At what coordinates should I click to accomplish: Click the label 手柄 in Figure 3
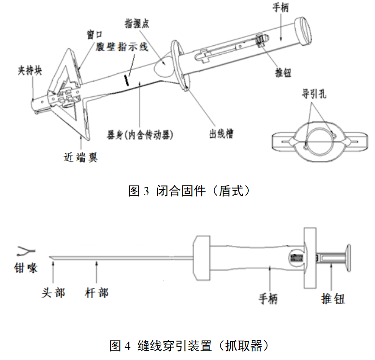tap(281, 8)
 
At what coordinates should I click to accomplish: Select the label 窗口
tap(95, 35)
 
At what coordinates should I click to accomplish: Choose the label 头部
tap(53, 293)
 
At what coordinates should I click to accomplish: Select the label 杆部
tap(96, 293)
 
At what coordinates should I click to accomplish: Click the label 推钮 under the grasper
tap(333, 299)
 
